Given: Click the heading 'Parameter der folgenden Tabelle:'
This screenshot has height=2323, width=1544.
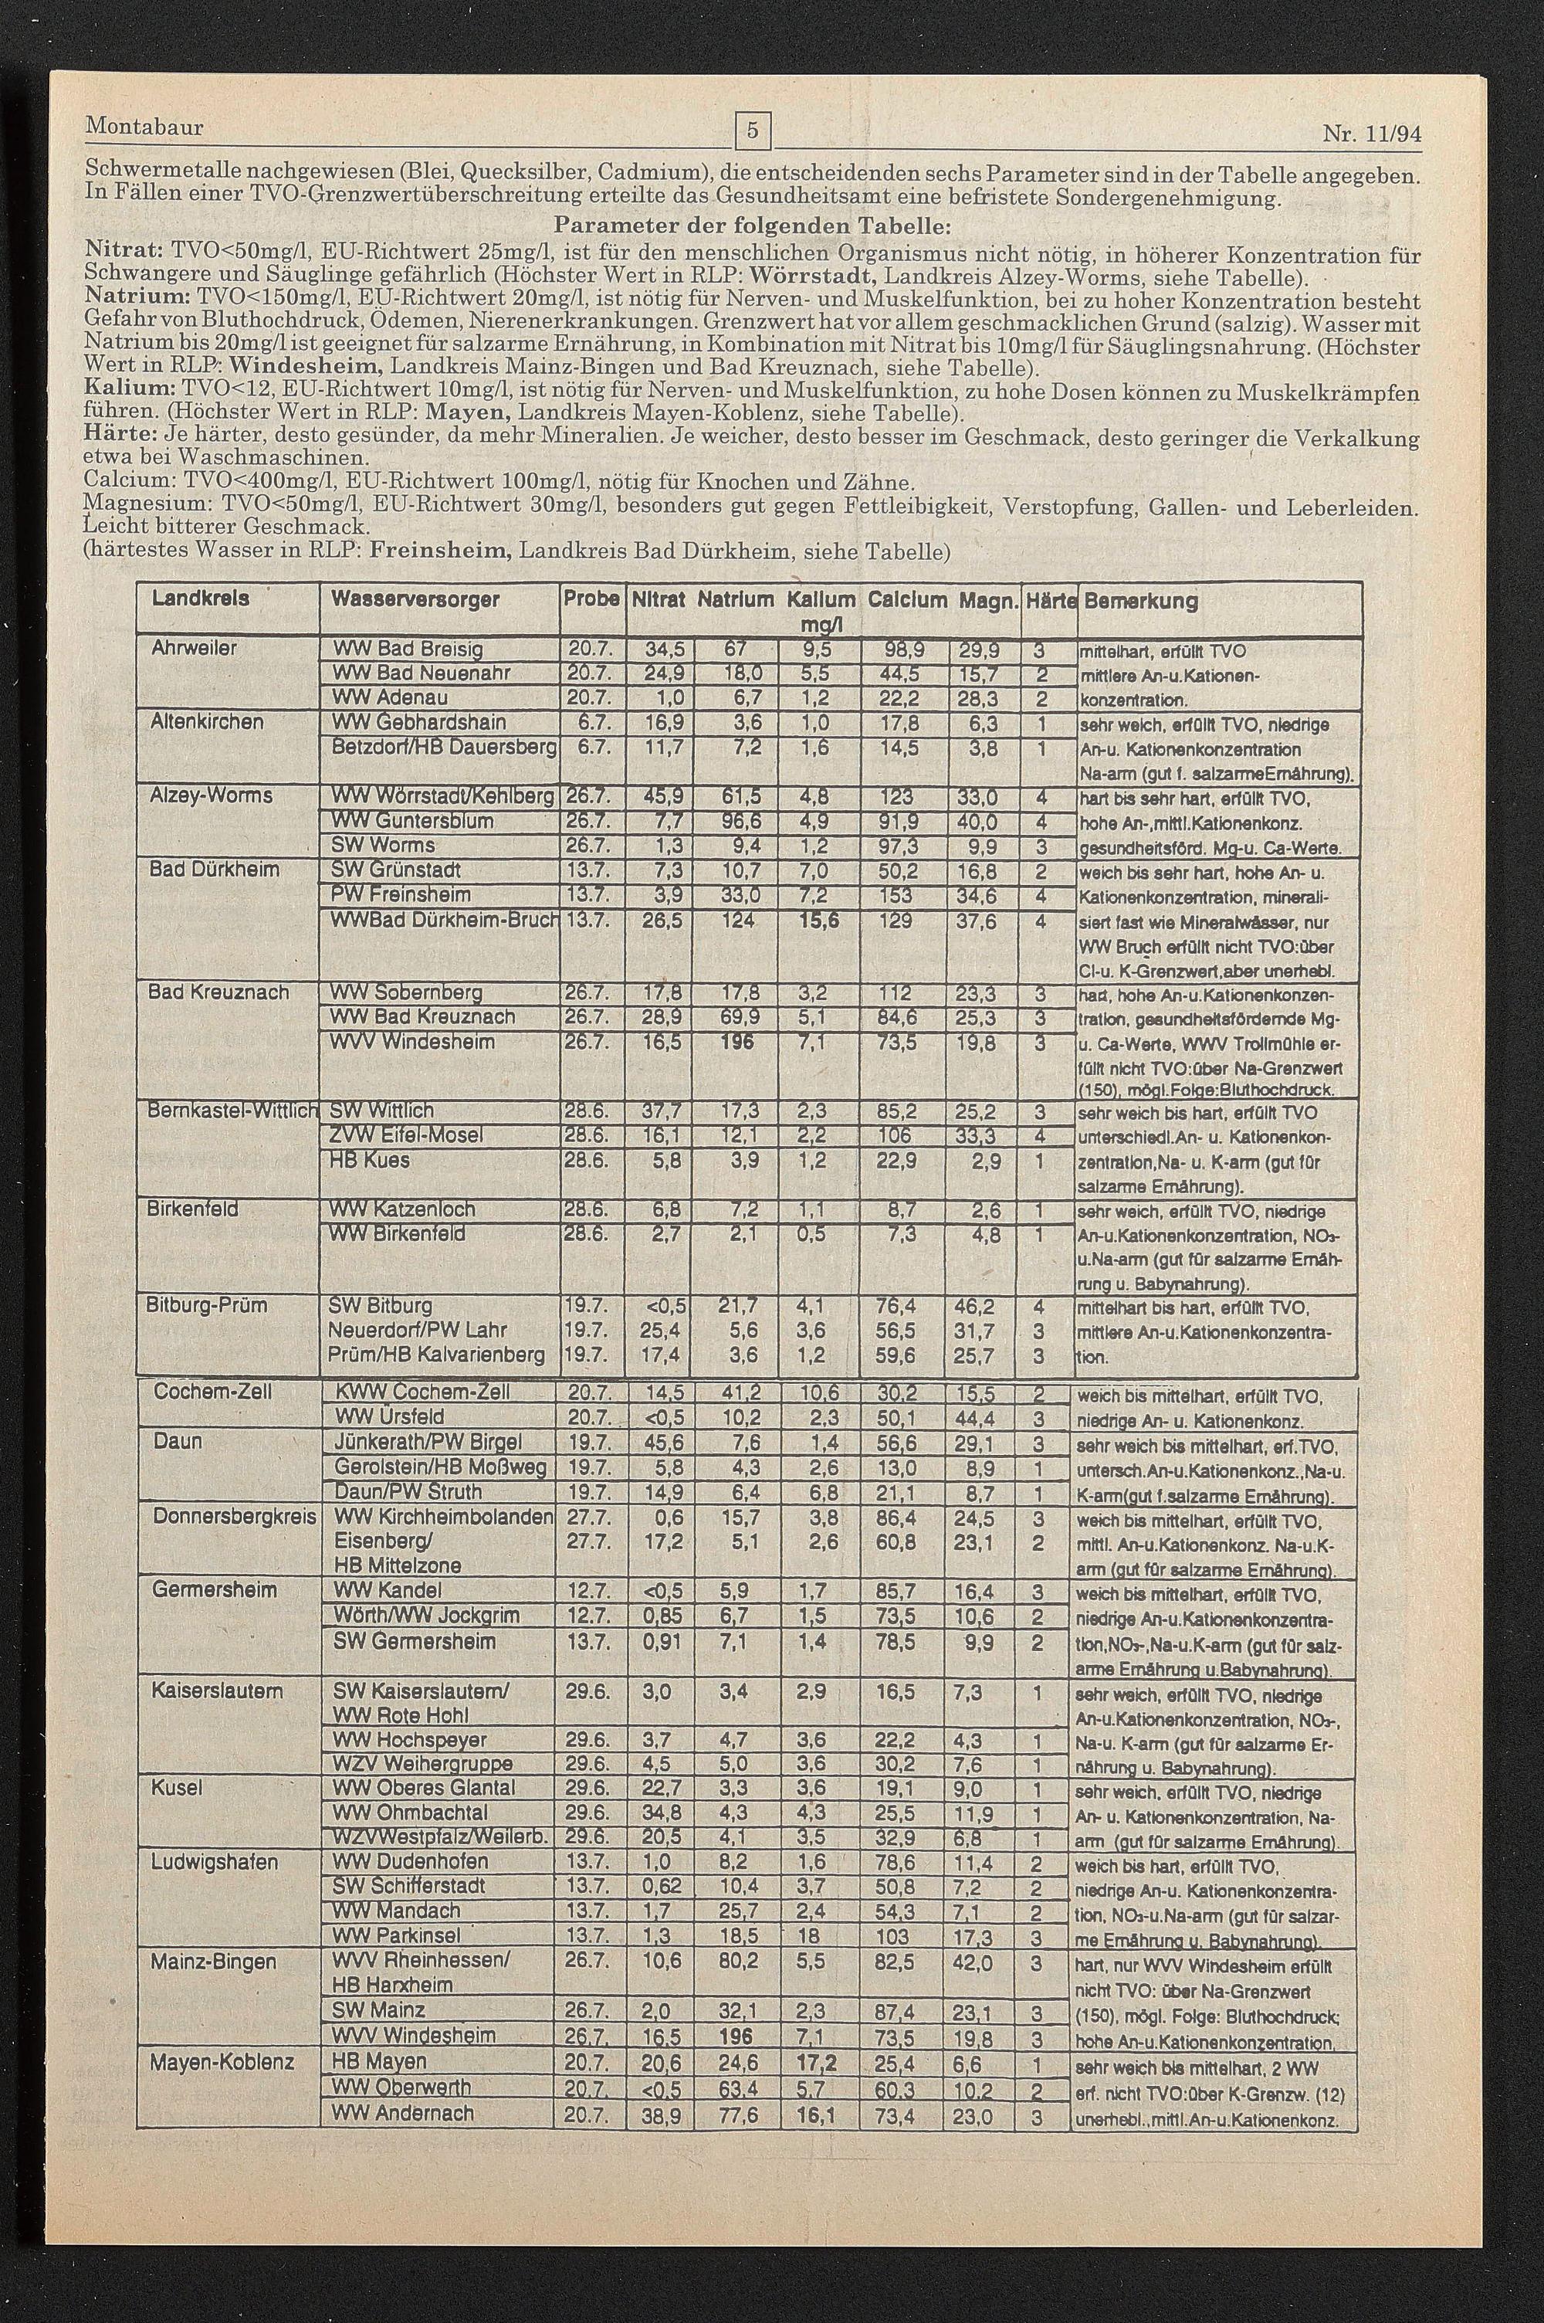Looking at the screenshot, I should point(752,225).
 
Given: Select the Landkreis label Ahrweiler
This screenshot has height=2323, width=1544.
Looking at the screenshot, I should point(194,649).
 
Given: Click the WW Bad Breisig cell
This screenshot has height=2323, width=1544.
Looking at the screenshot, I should point(408,650).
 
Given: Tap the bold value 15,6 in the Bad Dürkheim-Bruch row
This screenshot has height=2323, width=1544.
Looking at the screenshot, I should point(818,920).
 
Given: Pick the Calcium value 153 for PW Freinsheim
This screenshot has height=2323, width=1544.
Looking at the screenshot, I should point(897,895).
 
